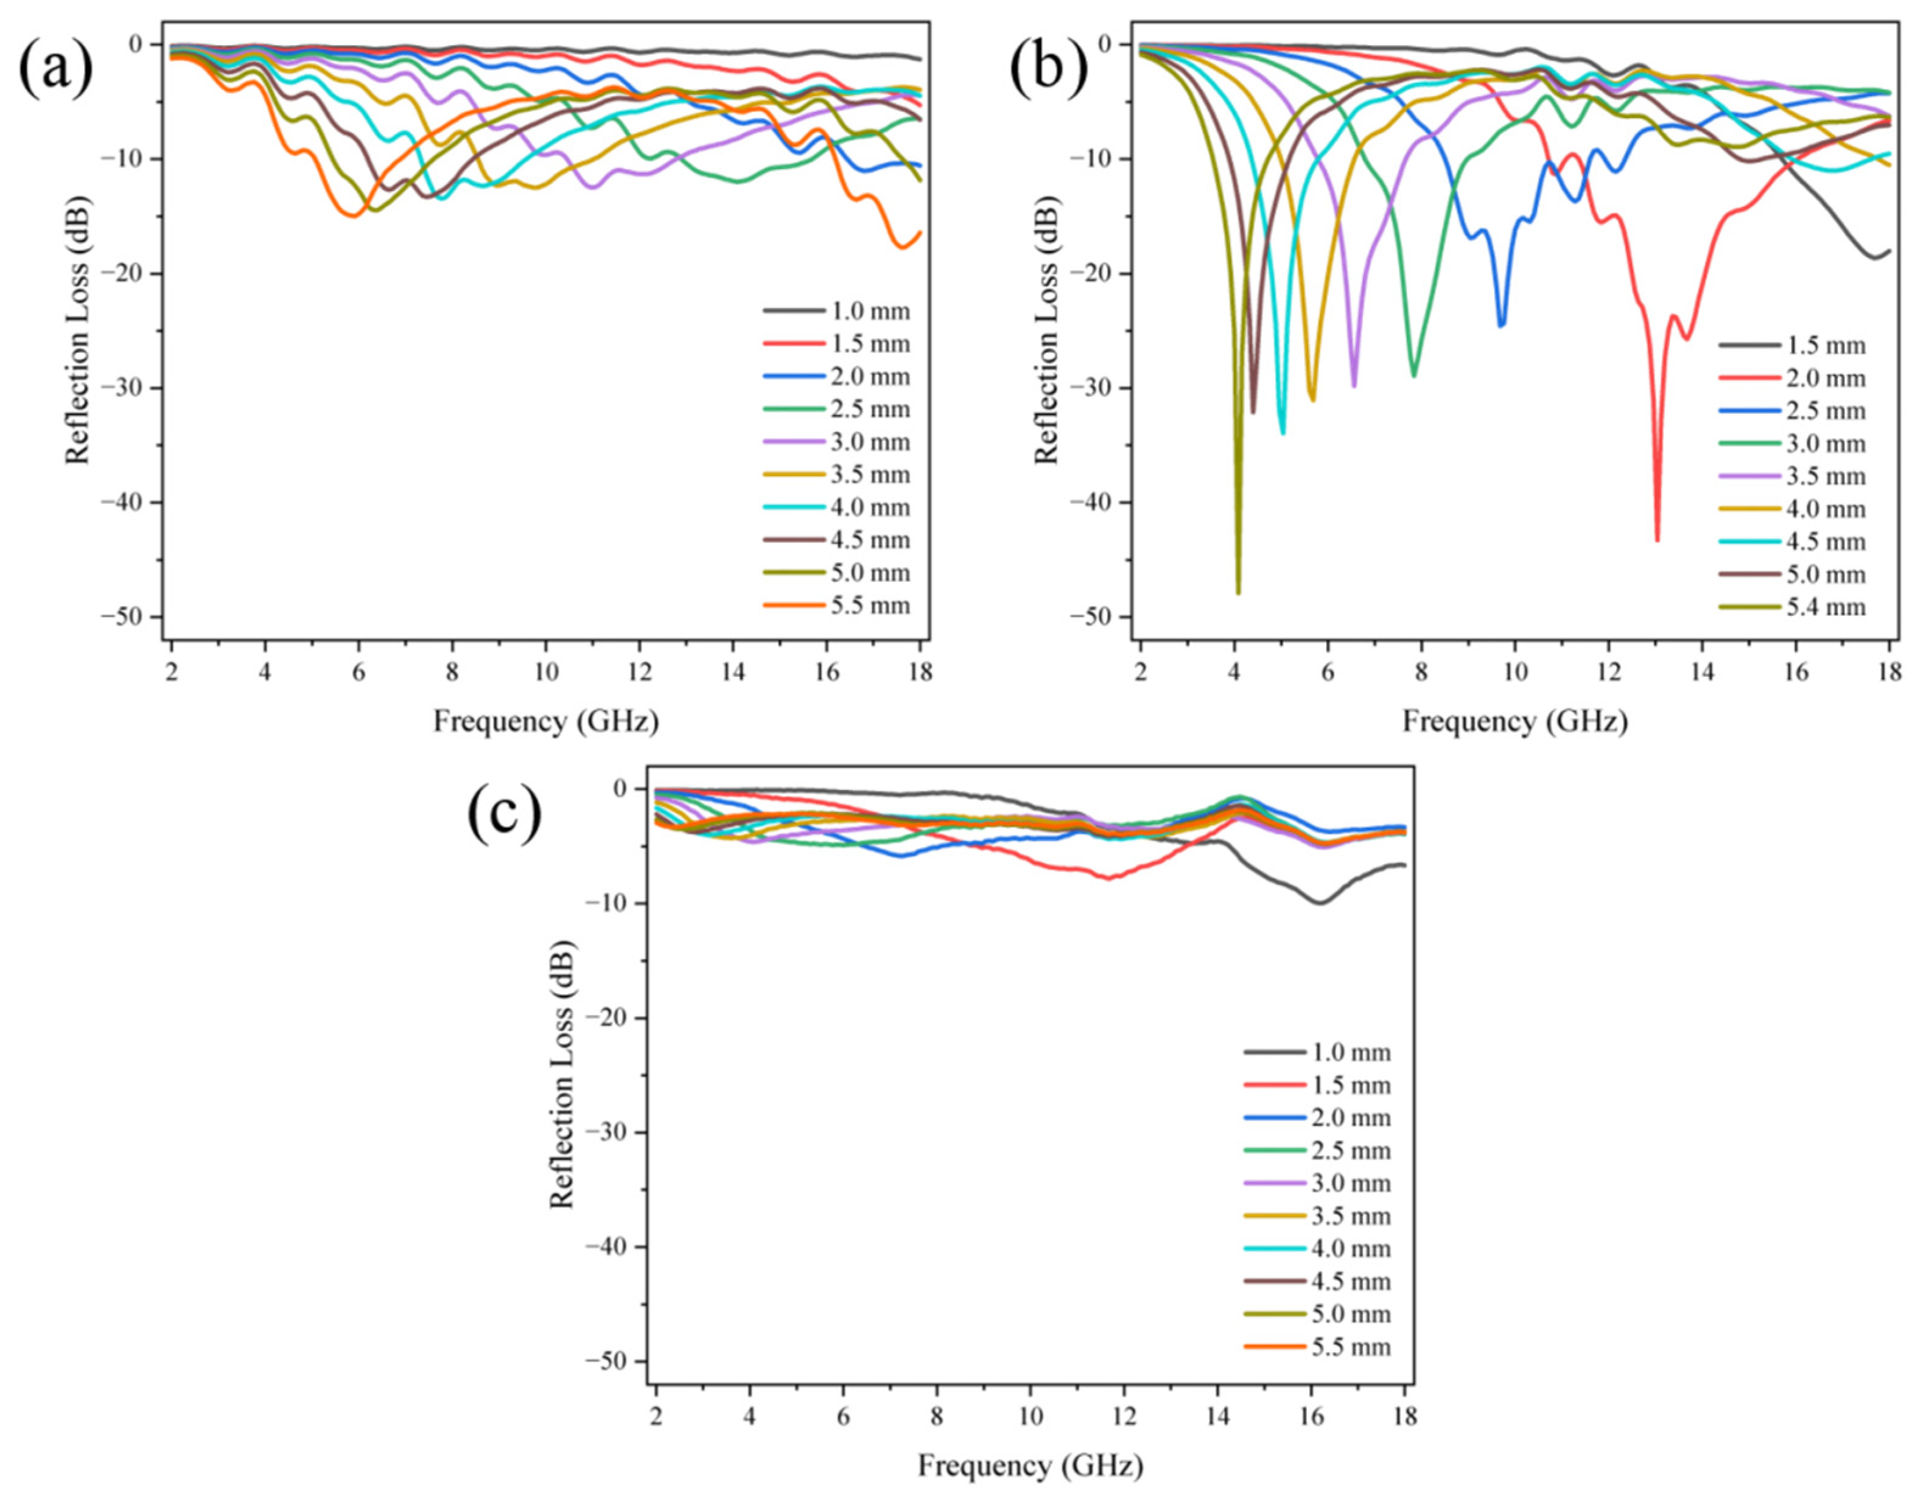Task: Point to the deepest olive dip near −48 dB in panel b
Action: tap(1238, 592)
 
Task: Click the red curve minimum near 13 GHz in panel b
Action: tap(1657, 539)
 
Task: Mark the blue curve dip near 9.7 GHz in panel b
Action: tap(1502, 325)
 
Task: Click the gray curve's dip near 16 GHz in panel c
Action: tap(1319, 903)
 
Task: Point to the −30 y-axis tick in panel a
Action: tap(130, 388)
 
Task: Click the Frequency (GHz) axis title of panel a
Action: tap(545, 722)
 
